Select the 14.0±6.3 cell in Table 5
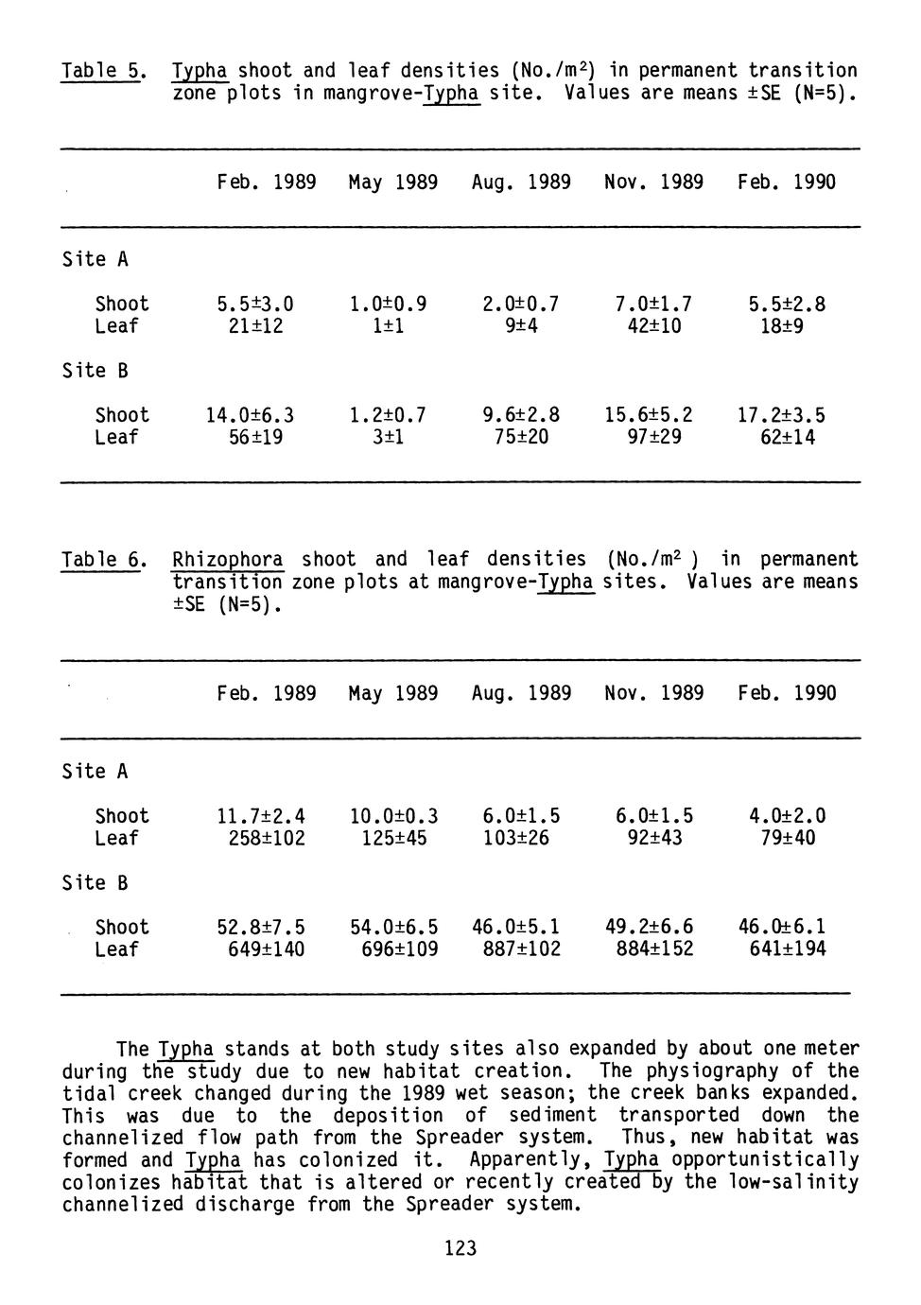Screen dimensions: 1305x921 (250, 415)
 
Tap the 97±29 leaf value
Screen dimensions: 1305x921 (648, 438)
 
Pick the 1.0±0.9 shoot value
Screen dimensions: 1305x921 (388, 304)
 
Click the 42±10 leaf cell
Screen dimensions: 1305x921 (648, 326)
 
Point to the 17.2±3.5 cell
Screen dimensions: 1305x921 (781, 415)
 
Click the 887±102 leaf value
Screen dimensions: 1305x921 (515, 949)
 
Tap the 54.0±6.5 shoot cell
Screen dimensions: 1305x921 (393, 927)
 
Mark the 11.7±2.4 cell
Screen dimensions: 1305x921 (261, 816)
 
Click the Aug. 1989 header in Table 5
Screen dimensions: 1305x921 (521, 182)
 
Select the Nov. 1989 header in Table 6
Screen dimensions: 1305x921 (653, 693)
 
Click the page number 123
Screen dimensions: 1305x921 (460, 1248)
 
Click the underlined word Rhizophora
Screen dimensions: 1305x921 (228, 560)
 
